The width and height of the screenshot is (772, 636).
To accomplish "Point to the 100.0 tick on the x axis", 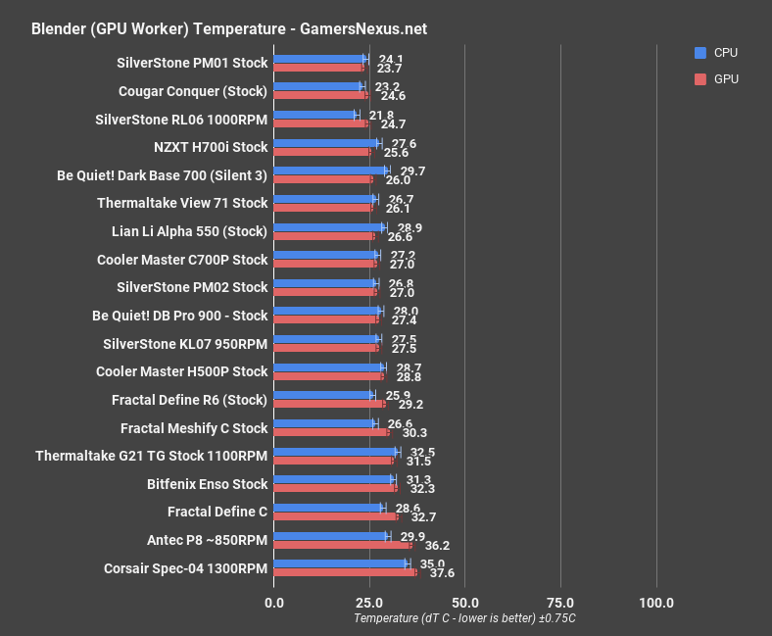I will [655, 602].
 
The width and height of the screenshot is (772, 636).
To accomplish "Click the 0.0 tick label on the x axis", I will [274, 602].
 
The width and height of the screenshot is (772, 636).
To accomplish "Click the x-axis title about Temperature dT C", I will [464, 618].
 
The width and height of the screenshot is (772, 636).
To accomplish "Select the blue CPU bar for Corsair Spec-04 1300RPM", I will [340, 563].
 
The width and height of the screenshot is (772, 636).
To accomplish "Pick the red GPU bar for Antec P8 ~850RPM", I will [343, 545].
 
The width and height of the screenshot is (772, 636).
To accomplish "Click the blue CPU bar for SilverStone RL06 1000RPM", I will [315, 115].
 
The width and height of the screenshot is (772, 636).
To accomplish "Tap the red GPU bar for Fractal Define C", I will [336, 516].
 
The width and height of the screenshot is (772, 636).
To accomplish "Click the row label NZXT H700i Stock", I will [210, 147].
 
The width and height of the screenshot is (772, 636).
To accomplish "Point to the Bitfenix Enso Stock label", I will [207, 484].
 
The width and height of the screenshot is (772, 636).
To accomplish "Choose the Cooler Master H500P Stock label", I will [181, 371].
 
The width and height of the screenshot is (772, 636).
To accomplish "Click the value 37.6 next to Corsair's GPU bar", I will [435, 573].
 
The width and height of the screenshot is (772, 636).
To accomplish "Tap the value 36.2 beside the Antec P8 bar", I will [430, 545].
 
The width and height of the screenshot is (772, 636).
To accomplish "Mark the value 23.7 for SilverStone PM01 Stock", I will [389, 69].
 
